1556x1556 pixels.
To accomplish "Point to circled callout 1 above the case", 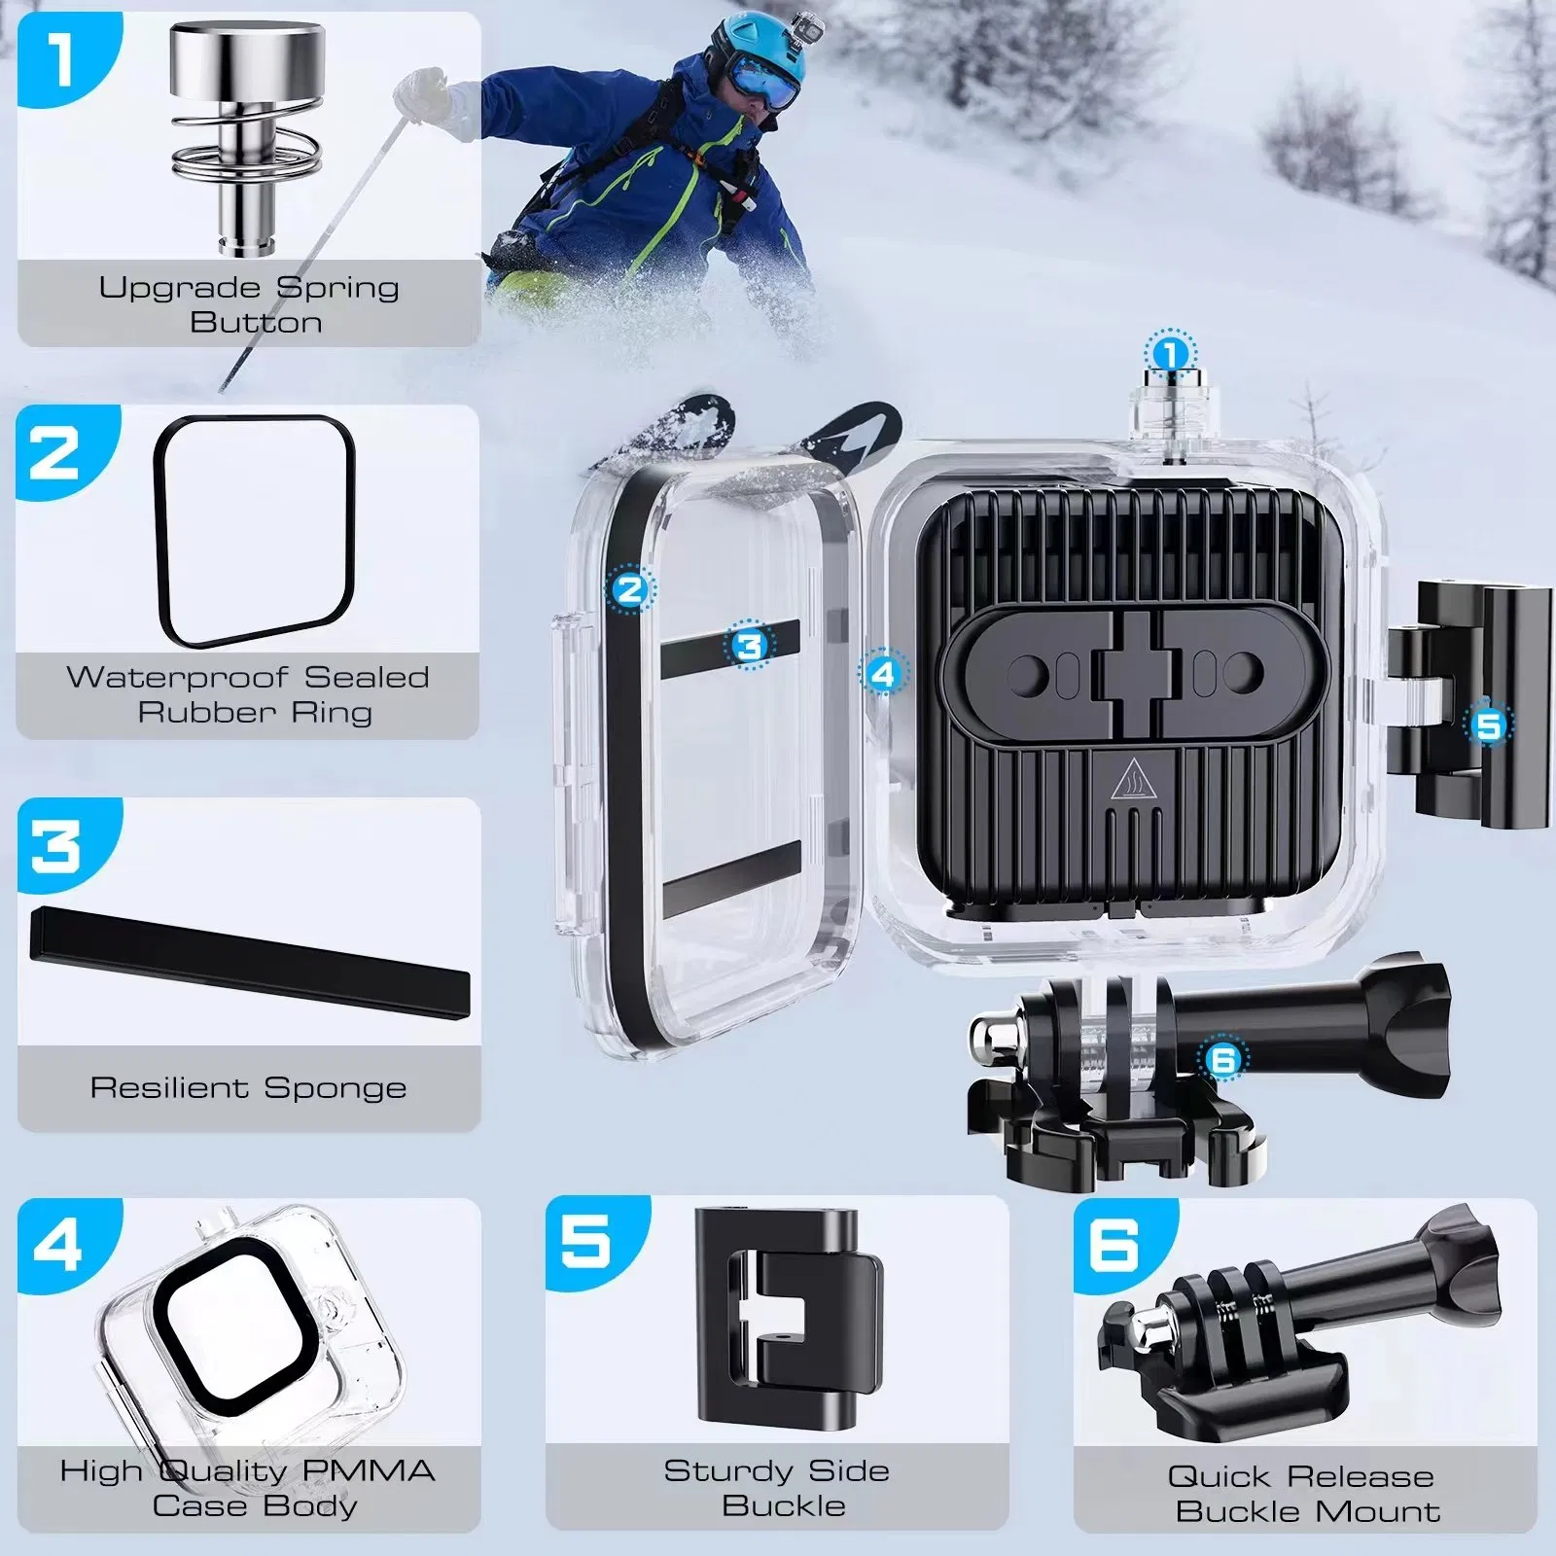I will point(1171,355).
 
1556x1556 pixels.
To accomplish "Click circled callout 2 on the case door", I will point(630,589).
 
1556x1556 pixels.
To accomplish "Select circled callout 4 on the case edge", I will point(882,673).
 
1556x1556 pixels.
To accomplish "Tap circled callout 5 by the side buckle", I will point(1488,725).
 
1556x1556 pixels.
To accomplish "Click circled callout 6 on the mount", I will point(1222,1058).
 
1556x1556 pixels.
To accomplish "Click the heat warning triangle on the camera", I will point(1132,780).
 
